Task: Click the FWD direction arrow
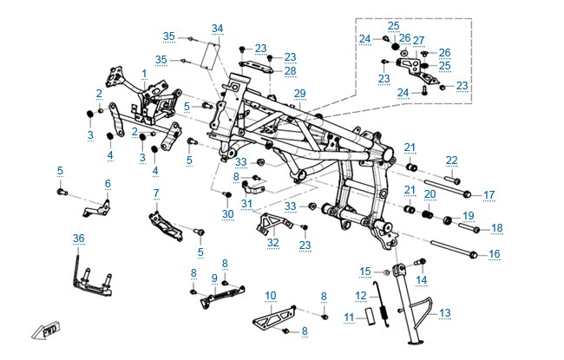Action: pyautogui.click(x=45, y=330)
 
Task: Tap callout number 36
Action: pyautogui.click(x=78, y=238)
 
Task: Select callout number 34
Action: pyautogui.click(x=217, y=28)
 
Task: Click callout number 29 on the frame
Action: pyautogui.click(x=299, y=93)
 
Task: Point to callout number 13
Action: pyautogui.click(x=445, y=313)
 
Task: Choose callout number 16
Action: pyautogui.click(x=495, y=254)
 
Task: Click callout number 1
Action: pyautogui.click(x=144, y=74)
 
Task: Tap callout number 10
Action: pyautogui.click(x=271, y=296)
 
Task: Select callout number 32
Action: pyautogui.click(x=273, y=242)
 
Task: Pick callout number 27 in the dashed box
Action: pyautogui.click(x=419, y=40)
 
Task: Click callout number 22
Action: pyautogui.click(x=451, y=160)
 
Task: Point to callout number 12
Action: pyautogui.click(x=361, y=296)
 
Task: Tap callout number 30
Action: pyautogui.click(x=227, y=214)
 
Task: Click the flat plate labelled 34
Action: pyautogui.click(x=212, y=56)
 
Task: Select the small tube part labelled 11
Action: pyautogui.click(x=371, y=316)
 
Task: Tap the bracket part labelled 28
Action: pyautogui.click(x=257, y=67)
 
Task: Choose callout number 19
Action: pyautogui.click(x=468, y=216)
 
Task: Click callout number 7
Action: pyautogui.click(x=156, y=193)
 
